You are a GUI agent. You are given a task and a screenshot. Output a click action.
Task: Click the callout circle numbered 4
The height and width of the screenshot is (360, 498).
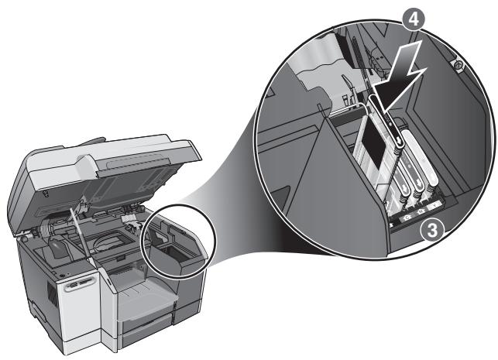click(413, 19)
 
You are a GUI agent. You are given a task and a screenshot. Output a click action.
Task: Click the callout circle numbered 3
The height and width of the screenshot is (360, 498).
click(433, 231)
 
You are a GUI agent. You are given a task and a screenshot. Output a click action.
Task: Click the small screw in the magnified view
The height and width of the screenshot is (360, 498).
click(458, 65)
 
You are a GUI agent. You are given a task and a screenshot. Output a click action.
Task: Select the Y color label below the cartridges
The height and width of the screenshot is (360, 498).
click(434, 207)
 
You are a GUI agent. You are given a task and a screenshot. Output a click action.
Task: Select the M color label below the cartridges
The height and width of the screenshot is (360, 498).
click(421, 212)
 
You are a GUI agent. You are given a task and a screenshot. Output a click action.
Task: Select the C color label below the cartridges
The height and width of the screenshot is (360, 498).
click(407, 218)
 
